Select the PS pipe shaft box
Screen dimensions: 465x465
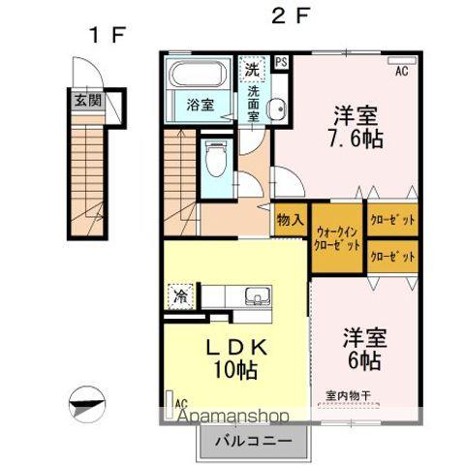281,63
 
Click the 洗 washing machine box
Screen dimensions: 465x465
251,69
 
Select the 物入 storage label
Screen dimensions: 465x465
291,219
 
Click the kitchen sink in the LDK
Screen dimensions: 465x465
257,295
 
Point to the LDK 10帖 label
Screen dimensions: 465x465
233,356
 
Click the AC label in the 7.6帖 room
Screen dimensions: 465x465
401,71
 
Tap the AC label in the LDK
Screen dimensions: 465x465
180,401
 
